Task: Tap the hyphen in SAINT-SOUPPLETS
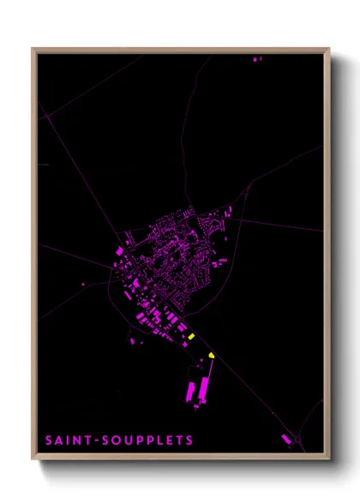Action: [98, 441]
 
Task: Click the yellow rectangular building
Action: [193, 336]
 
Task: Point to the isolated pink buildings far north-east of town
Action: [257, 59]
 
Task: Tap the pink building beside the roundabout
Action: [286, 439]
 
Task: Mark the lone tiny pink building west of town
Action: [83, 284]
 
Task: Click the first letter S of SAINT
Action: [50, 441]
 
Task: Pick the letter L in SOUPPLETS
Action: [159, 441]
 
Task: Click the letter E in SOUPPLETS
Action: [168, 441]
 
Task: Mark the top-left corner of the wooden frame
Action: [33, 49]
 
